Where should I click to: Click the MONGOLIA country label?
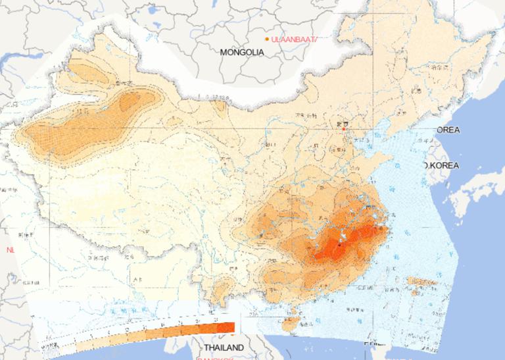coord(242,52)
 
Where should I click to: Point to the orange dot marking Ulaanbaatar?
coord(267,39)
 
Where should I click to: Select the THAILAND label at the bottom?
coord(223,347)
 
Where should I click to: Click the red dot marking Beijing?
coord(343,129)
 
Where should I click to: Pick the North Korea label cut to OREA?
coord(448,130)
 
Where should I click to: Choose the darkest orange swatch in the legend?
coord(225,327)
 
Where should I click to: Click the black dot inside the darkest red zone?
coord(339,244)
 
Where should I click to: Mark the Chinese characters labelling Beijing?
coord(341,122)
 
